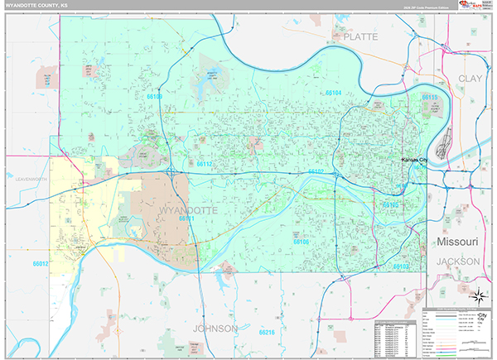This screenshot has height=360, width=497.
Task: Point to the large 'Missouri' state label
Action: click(x=458, y=241)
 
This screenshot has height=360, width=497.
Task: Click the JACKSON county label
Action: click(x=458, y=261)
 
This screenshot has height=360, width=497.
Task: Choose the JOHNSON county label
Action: click(x=215, y=329)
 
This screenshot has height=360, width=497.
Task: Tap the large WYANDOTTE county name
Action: click(x=186, y=211)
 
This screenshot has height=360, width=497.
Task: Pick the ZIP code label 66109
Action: click(x=154, y=97)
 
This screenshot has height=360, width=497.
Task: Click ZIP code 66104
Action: click(x=332, y=94)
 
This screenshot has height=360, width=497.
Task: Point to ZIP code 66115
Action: click(x=429, y=98)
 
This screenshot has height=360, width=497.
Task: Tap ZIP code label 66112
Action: click(x=205, y=164)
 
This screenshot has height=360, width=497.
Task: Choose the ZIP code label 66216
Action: click(x=266, y=332)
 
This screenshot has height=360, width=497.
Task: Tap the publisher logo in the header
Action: click(x=473, y=6)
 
